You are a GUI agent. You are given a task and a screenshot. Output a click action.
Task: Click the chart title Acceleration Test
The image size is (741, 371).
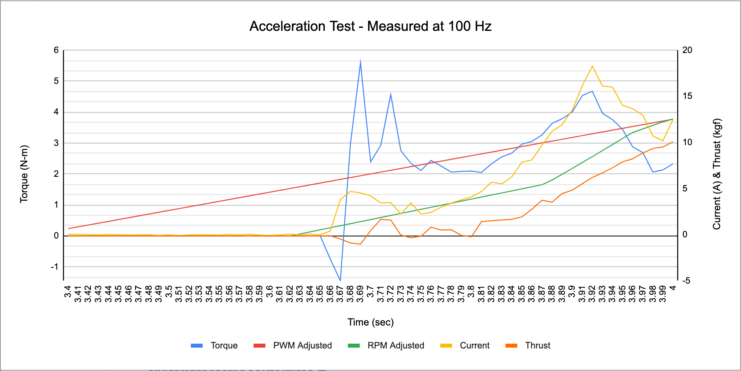(x=370, y=26)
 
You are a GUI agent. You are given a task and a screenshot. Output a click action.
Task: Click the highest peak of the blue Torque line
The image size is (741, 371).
(x=361, y=61)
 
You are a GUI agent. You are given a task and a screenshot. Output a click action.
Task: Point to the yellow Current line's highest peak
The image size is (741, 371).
(x=592, y=66)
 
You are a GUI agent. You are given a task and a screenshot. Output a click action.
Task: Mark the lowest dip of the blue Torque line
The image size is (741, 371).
(x=340, y=280)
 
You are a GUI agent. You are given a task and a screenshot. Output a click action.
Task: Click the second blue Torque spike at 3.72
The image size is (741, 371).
(x=391, y=94)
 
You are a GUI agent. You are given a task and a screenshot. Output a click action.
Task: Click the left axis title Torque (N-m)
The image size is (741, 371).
(x=24, y=174)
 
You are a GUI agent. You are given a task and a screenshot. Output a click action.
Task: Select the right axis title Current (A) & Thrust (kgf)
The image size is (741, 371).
(x=717, y=174)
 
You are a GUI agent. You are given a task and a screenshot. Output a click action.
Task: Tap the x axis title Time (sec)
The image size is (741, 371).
(x=370, y=322)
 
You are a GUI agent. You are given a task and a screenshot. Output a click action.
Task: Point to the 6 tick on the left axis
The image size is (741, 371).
(x=56, y=50)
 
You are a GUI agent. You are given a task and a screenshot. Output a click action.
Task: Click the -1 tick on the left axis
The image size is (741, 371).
(x=55, y=267)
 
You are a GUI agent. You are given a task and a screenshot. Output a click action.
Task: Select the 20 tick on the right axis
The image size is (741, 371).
(x=687, y=50)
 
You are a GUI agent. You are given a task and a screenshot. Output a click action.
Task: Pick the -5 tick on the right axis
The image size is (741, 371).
(x=686, y=280)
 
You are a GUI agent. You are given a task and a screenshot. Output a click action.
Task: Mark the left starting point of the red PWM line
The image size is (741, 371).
(x=69, y=229)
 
